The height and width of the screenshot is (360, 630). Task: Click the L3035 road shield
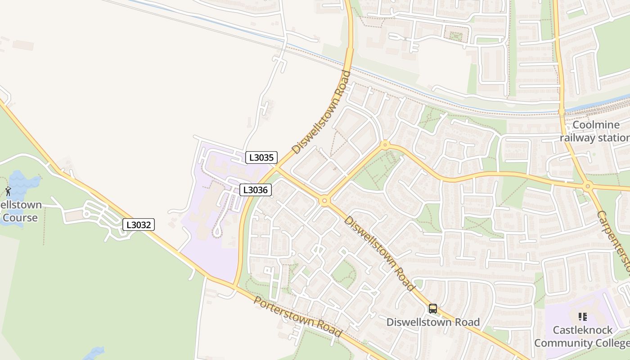pyautogui.click(x=261, y=157)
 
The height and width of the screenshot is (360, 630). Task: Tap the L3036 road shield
pyautogui.click(x=255, y=190)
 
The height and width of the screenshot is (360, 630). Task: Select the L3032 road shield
pyautogui.click(x=139, y=225)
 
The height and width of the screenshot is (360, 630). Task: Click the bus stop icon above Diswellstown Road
pyautogui.click(x=433, y=309)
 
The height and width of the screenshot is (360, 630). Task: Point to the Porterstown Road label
pyautogui.click(x=297, y=317)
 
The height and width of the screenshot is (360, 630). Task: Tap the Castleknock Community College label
pyautogui.click(x=582, y=336)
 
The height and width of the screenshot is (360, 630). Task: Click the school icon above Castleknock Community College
pyautogui.click(x=583, y=317)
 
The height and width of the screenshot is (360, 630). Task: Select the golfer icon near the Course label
pyautogui.click(x=8, y=191)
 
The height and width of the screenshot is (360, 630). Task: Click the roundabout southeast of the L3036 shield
pyautogui.click(x=324, y=201)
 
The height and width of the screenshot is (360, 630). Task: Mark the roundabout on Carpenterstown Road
pyautogui.click(x=587, y=186)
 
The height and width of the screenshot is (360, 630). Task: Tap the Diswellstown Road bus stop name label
pyautogui.click(x=433, y=322)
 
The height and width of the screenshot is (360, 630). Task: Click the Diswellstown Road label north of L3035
pyautogui.click(x=321, y=112)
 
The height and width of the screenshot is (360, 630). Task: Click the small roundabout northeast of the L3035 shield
pyautogui.click(x=385, y=145)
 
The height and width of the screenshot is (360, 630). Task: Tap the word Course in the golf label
pyautogui.click(x=20, y=218)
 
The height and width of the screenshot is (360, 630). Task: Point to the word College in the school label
pyautogui.click(x=611, y=343)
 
